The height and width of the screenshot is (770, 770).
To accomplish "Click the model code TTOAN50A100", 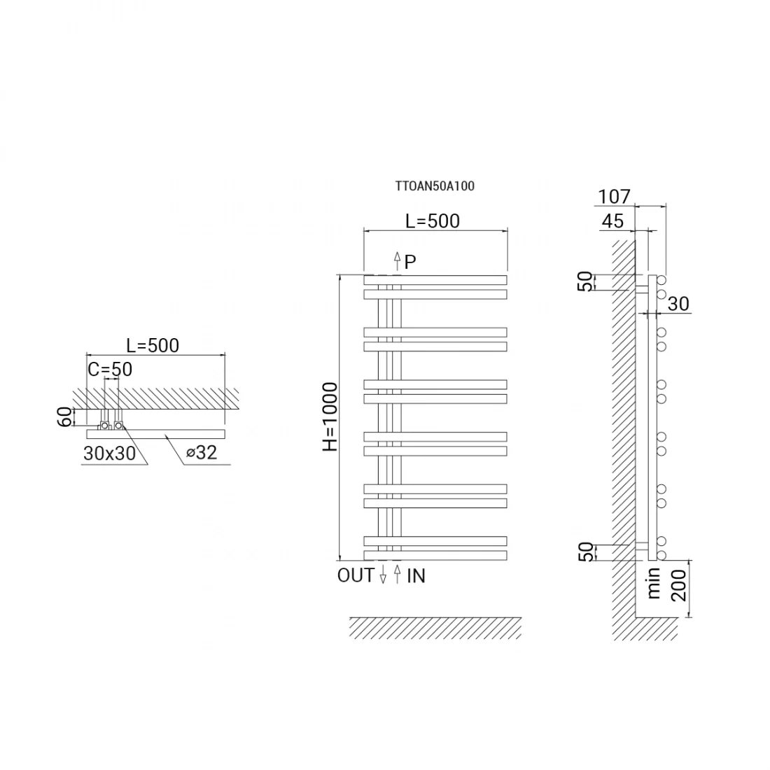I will pos(435,186).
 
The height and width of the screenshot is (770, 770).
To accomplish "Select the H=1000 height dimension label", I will pos(330,416).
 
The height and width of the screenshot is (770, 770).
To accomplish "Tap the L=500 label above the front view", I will pos(433,221).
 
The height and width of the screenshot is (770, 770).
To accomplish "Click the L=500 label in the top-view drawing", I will pos(153,345).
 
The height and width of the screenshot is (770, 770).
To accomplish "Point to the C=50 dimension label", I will pos(110,368).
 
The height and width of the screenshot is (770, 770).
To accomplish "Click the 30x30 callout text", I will pos(109,454).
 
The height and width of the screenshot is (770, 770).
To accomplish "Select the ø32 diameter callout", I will pos(202,452).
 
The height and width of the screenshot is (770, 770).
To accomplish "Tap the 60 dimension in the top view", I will pos(63,417).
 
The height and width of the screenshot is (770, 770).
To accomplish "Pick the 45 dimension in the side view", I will pos(612,221).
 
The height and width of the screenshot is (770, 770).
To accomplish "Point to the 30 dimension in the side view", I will pos(678,304).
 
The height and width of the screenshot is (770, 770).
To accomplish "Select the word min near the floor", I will pos(654,583).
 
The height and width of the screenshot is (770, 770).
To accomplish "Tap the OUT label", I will pos(356,575).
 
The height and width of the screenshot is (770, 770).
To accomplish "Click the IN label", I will pos(416,576).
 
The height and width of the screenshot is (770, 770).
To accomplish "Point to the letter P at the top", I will pos(411,262).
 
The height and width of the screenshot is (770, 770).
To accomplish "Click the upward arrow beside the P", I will pos(397,261).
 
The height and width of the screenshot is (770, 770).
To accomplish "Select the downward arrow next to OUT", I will pos(383,576).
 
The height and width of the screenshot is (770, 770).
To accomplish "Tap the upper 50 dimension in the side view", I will pos(585,281).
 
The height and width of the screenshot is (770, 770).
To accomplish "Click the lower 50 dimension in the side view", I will pos(585,552).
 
